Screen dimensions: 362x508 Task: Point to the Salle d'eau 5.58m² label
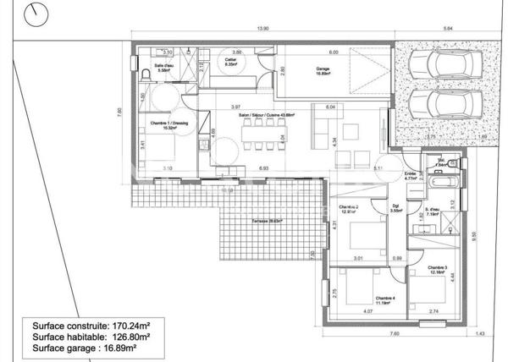(x=164, y=69)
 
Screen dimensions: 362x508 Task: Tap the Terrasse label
(x=266, y=221)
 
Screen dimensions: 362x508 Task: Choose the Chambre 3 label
(x=437, y=269)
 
